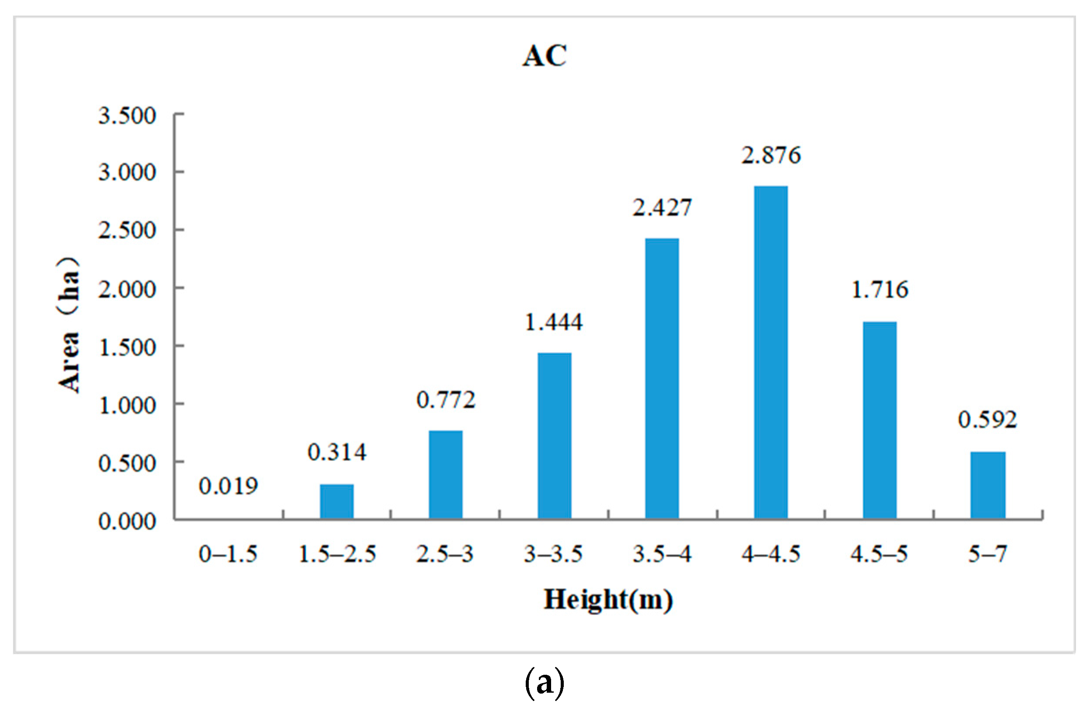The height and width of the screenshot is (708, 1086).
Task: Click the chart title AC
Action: [x=545, y=56]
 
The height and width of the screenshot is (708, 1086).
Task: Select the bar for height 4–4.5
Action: [x=771, y=352]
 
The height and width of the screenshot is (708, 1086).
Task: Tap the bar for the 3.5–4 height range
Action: [x=662, y=379]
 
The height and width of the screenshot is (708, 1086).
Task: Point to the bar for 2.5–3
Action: [x=445, y=474]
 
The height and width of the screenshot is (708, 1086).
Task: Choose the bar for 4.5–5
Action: [x=879, y=420]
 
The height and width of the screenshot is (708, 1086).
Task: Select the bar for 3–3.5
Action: [x=554, y=436]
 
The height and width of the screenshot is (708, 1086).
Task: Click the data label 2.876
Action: [x=771, y=156]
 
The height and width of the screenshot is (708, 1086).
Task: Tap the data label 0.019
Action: [x=228, y=486]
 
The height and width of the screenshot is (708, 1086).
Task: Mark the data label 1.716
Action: [x=880, y=290]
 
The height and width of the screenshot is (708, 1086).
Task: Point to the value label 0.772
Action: [x=446, y=401]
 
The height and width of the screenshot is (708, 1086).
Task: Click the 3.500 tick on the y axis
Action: [x=127, y=115]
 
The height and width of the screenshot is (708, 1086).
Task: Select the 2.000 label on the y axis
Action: [x=127, y=289]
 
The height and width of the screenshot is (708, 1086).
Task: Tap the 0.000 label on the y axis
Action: [x=127, y=521]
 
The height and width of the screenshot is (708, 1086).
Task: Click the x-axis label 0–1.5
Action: [x=228, y=554]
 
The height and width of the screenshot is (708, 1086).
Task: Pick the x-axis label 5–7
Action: [x=988, y=554]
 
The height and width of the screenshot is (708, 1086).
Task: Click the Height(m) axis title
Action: [x=608, y=600]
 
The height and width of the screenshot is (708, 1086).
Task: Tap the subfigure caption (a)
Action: [x=545, y=683]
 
